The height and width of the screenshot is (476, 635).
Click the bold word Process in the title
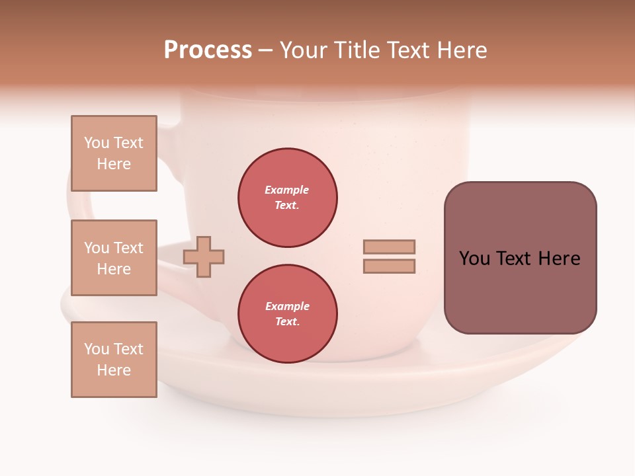(x=208, y=50)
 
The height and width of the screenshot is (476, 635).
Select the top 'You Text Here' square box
(x=114, y=153)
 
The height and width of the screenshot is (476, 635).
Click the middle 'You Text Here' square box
(x=114, y=258)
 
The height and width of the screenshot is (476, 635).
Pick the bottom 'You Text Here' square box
(x=114, y=360)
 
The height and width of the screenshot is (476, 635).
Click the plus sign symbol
(x=204, y=257)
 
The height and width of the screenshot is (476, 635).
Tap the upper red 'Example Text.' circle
(x=288, y=198)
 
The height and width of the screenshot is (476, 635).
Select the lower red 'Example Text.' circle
(x=288, y=314)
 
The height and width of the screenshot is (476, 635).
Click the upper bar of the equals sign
(x=389, y=247)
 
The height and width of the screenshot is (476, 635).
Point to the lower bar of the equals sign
(x=389, y=266)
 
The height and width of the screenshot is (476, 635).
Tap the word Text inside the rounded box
(x=515, y=258)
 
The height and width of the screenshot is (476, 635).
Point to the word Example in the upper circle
(x=286, y=190)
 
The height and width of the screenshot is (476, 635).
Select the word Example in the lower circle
(x=287, y=306)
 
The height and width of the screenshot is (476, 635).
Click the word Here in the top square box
(x=114, y=164)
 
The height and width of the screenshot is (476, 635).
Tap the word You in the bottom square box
(x=97, y=349)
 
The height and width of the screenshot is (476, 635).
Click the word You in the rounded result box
(x=474, y=258)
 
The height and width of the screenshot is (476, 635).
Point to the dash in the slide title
(x=265, y=50)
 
